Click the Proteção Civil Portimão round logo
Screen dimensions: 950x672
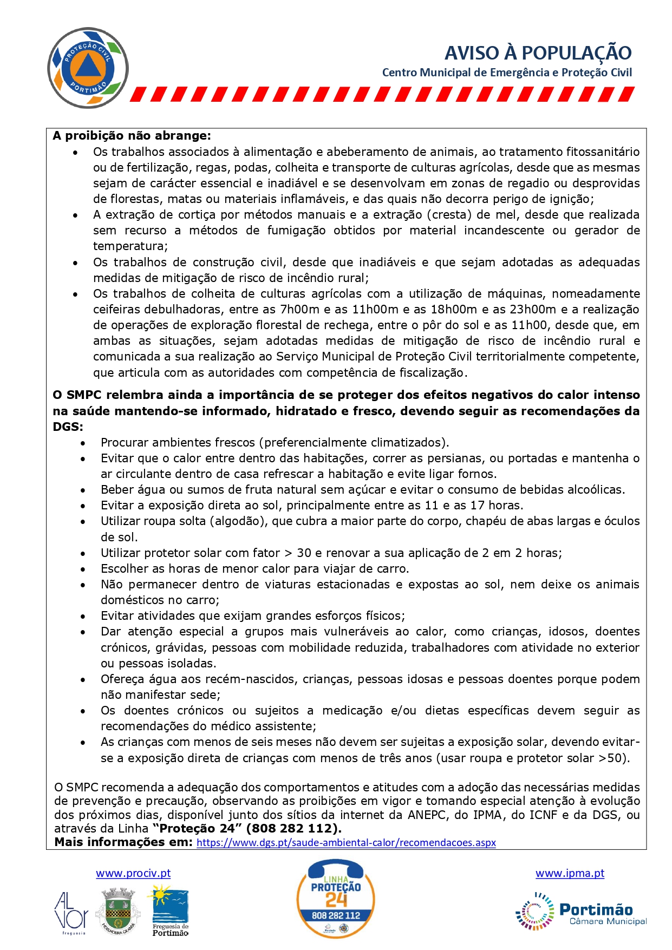point(88,68)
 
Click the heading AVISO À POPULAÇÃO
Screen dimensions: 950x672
point(538,53)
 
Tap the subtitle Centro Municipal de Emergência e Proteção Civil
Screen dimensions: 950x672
point(507,73)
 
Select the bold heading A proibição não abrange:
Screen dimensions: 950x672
point(132,136)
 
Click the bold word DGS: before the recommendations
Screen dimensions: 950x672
point(68,427)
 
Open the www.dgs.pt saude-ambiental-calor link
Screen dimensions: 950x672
point(346,843)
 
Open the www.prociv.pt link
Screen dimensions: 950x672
point(133,873)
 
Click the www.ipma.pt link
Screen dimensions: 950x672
point(570,873)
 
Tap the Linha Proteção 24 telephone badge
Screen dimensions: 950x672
point(336,899)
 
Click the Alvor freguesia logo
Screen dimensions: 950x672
point(71,913)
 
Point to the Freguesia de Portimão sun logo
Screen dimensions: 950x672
point(169,912)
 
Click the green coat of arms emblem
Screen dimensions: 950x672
point(118,911)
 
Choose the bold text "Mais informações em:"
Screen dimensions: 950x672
point(123,842)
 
